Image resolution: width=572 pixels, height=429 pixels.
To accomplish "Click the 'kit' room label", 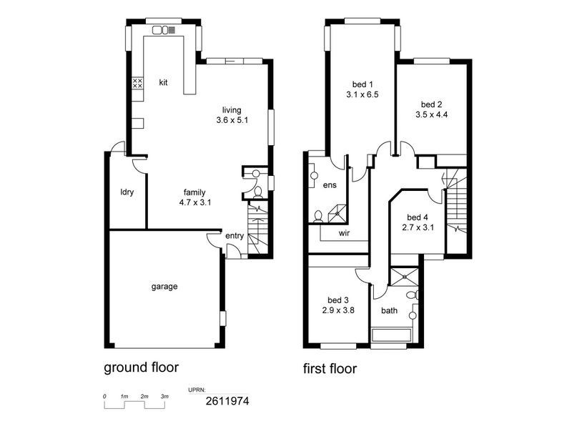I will coord(163,83).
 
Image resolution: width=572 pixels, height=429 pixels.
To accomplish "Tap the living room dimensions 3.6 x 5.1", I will coord(232,121).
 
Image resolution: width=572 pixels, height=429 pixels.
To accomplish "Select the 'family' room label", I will coord(194,192).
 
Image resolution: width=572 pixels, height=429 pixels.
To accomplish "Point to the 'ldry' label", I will coord(127,192).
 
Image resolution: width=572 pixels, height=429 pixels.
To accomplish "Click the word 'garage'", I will coord(164,286).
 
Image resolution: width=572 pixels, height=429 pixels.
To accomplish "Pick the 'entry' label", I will coord(234,236).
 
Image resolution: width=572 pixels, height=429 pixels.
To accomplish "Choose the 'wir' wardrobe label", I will coord(343,232).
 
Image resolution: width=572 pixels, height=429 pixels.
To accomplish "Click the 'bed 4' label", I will coord(418,217).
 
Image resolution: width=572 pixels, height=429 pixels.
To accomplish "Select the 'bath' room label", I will coord(389,310).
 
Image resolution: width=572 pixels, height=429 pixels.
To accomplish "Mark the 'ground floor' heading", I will coord(141,368).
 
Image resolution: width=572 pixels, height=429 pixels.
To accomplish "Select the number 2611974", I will coord(227,402).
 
